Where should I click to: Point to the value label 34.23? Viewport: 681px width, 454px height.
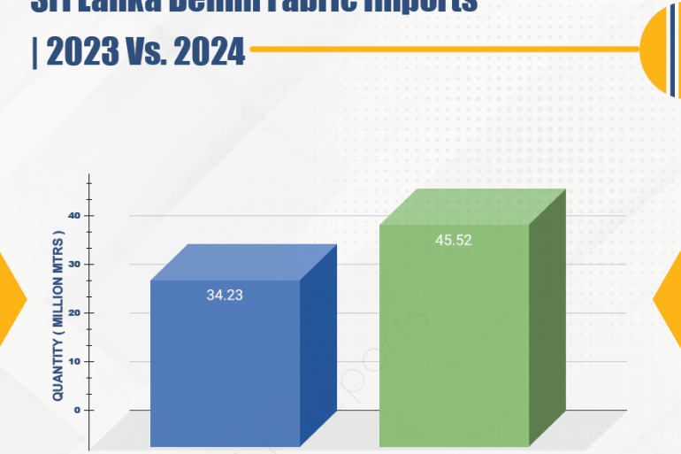(x=225, y=296)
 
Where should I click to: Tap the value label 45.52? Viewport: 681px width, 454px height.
(x=454, y=239)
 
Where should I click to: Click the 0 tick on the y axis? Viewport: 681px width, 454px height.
(x=77, y=411)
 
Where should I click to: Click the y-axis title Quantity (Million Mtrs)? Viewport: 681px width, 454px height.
(x=58, y=316)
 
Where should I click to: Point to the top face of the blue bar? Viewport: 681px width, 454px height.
(x=243, y=262)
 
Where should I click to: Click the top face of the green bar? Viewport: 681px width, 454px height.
(x=472, y=207)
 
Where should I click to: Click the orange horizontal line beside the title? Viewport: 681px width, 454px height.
(x=442, y=49)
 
